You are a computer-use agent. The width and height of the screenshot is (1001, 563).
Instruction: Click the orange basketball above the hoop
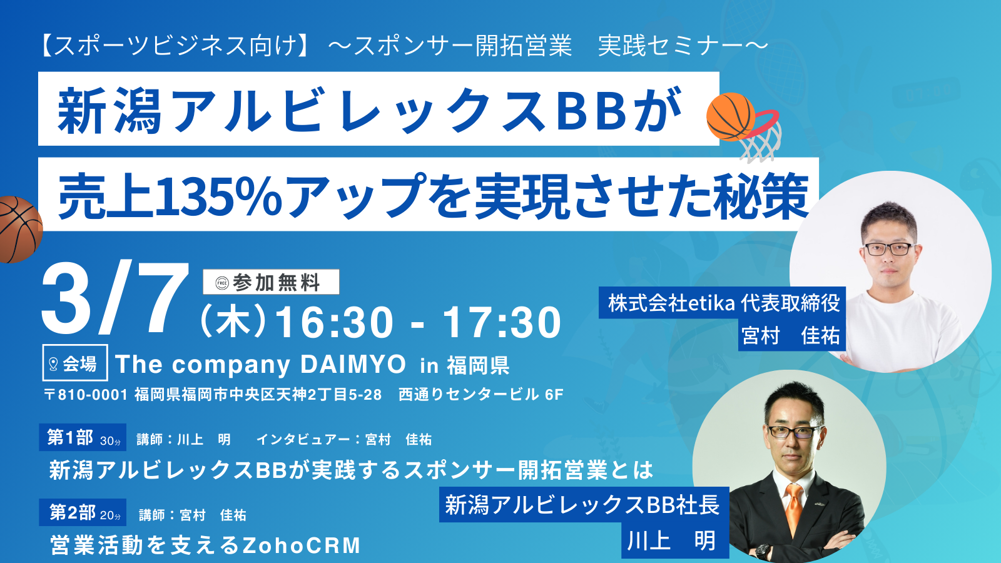tap(731, 117)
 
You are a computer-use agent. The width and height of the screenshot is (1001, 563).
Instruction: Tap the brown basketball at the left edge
tap(19, 230)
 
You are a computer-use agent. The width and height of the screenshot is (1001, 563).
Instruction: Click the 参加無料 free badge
tap(271, 282)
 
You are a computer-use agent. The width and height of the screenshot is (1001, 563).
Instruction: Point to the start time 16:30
tap(334, 322)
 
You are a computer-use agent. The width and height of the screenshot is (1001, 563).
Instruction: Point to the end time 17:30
tap(502, 322)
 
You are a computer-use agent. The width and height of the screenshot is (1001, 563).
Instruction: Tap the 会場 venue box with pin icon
tap(75, 363)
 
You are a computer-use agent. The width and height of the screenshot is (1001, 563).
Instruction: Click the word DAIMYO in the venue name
tap(353, 364)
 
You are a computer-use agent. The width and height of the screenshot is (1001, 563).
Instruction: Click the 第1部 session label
tap(83, 437)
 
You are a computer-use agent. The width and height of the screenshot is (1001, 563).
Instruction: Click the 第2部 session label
tap(83, 512)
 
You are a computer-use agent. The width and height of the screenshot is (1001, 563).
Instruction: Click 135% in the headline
tap(218, 196)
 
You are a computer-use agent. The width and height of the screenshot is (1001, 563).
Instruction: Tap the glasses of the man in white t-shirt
tap(889, 249)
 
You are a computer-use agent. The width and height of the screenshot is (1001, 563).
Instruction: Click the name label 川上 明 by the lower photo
tap(673, 540)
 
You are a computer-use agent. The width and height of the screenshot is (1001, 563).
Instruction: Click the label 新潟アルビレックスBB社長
tap(584, 504)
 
